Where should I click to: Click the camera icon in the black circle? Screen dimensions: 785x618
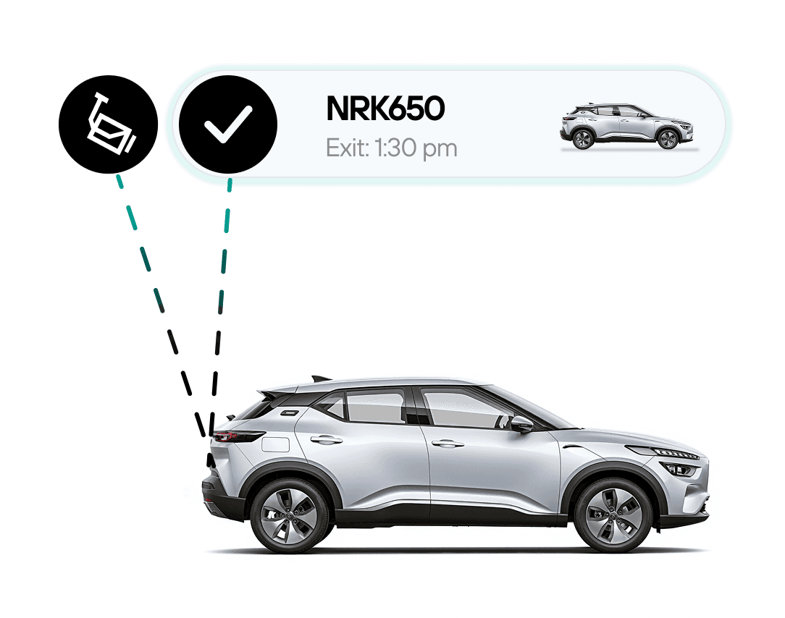coord(108,124)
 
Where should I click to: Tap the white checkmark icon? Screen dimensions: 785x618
coord(227,124)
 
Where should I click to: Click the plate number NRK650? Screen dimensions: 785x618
coord(385,109)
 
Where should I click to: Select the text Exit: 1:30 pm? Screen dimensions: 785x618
coord(391,148)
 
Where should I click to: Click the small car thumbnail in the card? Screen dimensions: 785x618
coord(628,127)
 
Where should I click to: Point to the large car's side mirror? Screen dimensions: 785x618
coord(521,424)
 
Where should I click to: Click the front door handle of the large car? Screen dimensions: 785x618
coord(448,443)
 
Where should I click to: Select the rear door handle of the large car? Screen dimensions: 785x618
coord(327,439)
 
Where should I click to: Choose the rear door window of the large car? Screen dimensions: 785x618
coord(374,407)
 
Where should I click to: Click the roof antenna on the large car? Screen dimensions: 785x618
coord(321,378)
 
